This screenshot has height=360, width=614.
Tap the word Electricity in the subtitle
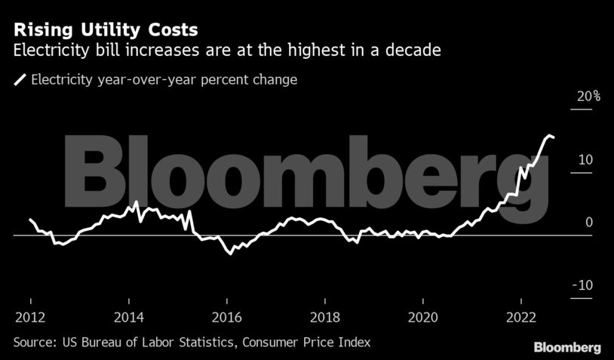tap(47, 51)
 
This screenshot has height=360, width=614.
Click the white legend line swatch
tap(20, 79)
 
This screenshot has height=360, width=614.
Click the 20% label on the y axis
tap(588, 97)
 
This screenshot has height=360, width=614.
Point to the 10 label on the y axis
tap(585, 160)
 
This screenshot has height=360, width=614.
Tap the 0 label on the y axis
tap(588, 223)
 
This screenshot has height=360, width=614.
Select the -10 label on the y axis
tap(583, 285)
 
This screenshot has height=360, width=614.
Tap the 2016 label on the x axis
tap(226, 315)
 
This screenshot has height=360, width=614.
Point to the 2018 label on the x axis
tap(324, 315)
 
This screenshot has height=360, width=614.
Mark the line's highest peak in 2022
tap(548, 135)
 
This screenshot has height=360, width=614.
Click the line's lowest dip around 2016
tap(230, 254)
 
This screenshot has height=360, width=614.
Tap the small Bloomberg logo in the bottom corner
tap(567, 348)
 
